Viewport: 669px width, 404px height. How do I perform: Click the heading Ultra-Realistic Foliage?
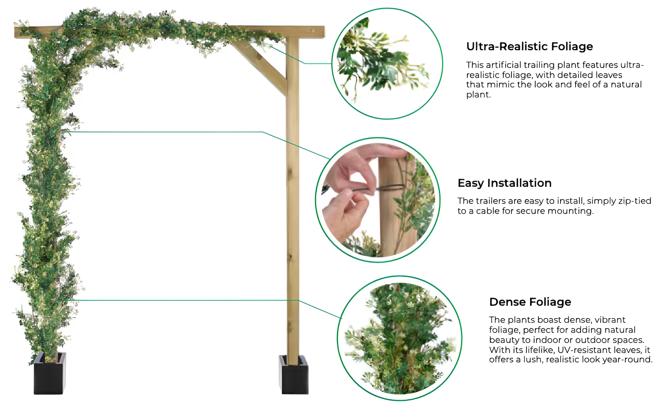tap(529, 47)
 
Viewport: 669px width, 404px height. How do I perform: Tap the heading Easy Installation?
tap(505, 183)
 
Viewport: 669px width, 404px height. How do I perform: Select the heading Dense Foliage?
tap(530, 302)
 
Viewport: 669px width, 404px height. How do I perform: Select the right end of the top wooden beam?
tap(324, 32)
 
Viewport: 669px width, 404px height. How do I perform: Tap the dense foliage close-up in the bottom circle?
tap(400, 338)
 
